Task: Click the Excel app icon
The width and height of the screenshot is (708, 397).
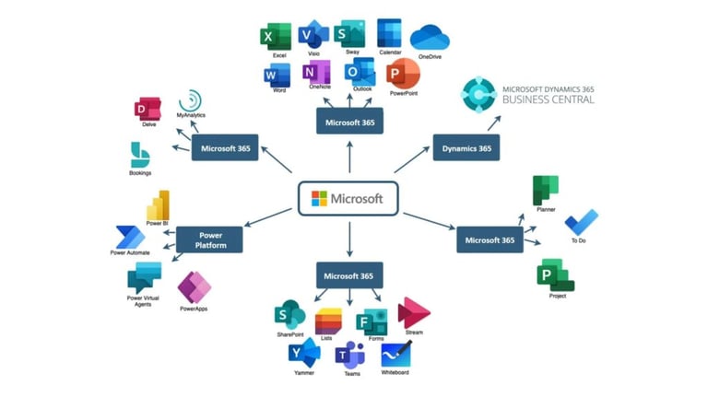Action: point(276,37)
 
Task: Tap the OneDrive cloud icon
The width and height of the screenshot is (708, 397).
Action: point(430,38)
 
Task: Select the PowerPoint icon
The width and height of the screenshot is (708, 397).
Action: point(403,74)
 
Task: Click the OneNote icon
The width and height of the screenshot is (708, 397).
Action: point(316,72)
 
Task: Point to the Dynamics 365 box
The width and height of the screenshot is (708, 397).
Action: point(466,147)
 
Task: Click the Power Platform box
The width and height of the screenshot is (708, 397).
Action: point(209,239)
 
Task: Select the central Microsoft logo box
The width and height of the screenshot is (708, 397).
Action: point(348,199)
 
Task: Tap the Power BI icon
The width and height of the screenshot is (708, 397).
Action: point(159,205)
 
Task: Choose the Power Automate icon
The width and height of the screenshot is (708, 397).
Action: point(131,238)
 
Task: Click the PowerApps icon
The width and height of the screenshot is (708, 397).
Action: point(195,287)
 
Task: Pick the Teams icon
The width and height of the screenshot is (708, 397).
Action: point(350,355)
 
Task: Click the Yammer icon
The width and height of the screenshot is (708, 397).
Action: point(304,353)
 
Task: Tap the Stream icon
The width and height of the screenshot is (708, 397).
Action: point(413,312)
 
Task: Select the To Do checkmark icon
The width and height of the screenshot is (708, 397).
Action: point(581,222)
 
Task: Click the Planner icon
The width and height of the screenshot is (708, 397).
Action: point(546,191)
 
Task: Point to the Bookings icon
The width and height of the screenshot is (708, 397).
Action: point(139,155)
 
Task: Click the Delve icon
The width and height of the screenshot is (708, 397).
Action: point(147,109)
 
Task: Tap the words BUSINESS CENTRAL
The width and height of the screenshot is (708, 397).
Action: point(549,99)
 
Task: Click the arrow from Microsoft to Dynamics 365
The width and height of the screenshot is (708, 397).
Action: point(412,159)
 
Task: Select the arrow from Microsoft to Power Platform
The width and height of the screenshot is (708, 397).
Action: point(267,217)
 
